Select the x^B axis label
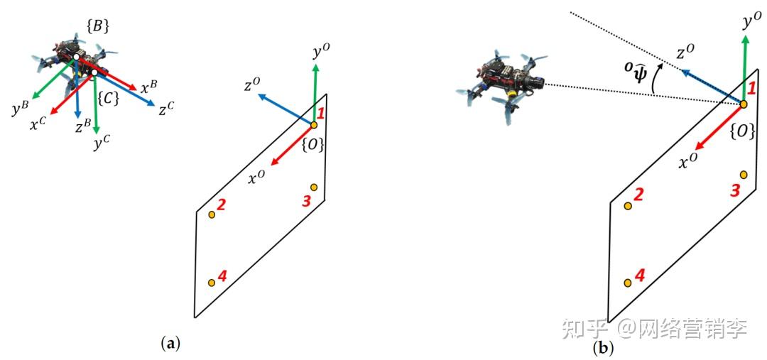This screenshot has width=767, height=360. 150,88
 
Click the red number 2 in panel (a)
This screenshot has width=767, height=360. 222,205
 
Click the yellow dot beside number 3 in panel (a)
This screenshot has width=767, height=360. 313,187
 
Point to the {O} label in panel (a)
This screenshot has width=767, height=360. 313,145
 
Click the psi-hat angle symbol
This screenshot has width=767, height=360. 635,72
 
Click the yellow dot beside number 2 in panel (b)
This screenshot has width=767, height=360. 628,206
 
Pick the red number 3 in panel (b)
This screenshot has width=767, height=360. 736,190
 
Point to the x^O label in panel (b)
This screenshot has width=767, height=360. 687,163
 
